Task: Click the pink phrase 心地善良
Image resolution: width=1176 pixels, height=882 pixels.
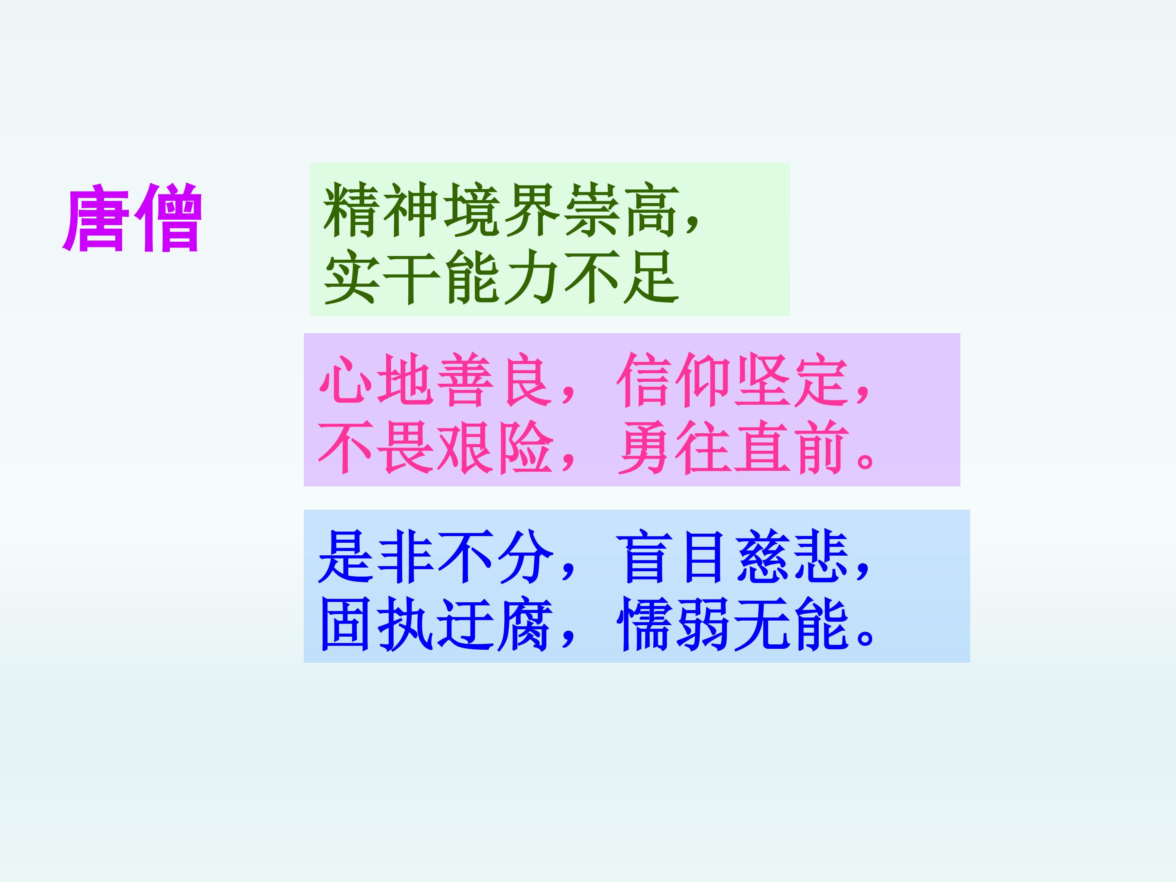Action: (x=434, y=380)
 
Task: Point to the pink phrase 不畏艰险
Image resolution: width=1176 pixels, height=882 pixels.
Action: (x=434, y=447)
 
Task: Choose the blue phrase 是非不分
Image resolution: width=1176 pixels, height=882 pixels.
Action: (x=434, y=557)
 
